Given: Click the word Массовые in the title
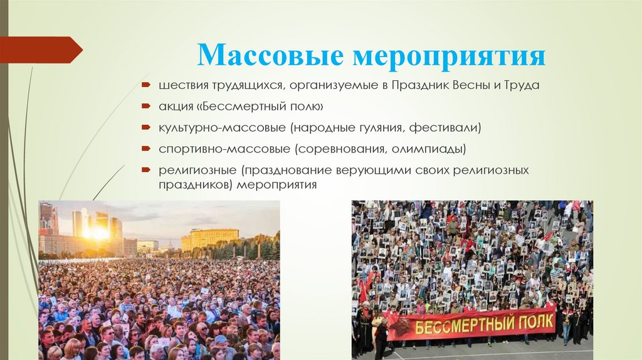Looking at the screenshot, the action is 270,55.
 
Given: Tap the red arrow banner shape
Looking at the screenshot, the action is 41,50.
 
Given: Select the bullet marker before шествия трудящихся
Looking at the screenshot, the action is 146,85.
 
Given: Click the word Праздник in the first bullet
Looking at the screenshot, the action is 420,85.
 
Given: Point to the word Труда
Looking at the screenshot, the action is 522,85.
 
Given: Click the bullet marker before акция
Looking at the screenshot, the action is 146,106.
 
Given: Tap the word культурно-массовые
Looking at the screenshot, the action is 223,128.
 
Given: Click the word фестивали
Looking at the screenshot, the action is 445,128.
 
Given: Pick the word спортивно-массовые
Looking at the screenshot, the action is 224,149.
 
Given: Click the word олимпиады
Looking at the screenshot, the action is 429,149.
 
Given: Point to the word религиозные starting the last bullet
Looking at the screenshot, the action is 197,170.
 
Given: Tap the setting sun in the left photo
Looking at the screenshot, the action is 97,233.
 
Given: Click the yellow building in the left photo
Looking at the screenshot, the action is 209,239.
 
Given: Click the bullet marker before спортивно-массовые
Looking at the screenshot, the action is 146,148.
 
